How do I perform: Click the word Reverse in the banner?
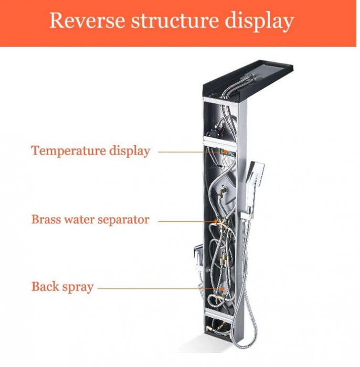[87, 20]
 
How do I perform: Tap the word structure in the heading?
[174, 20]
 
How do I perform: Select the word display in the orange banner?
[259, 22]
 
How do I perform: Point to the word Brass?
[46, 219]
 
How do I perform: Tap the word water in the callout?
[79, 220]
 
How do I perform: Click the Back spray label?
[62, 287]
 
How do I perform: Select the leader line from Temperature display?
[190, 152]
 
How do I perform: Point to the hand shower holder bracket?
[245, 217]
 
